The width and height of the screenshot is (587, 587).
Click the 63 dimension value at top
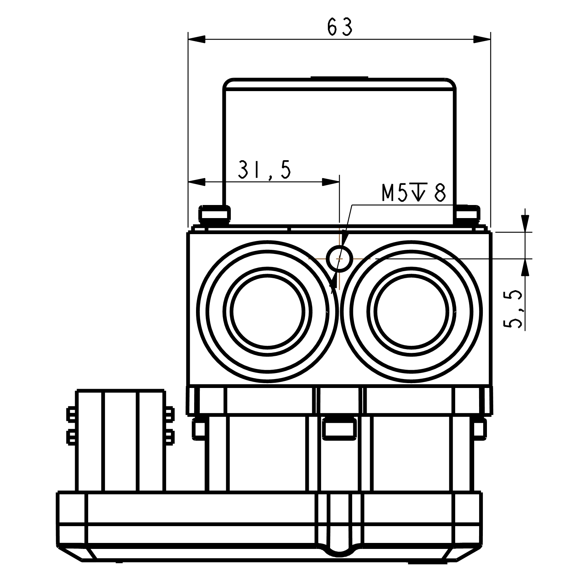(339, 27)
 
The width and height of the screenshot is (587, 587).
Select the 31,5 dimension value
(264, 170)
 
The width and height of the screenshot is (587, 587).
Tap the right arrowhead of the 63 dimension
(482, 39)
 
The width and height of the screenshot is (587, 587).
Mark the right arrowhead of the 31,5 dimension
(331, 182)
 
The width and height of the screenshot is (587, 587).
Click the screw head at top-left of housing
(214, 214)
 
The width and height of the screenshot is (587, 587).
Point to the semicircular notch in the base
(339, 551)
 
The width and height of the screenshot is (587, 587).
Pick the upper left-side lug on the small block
(71, 413)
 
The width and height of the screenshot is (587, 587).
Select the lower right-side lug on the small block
(170, 437)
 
